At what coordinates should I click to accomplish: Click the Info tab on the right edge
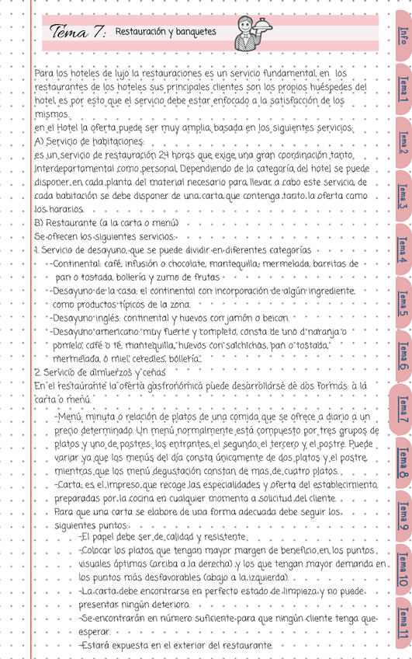pos(402,36)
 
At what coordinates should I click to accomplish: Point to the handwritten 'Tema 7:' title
pos(77,33)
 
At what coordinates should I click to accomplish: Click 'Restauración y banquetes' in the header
pos(165,32)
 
